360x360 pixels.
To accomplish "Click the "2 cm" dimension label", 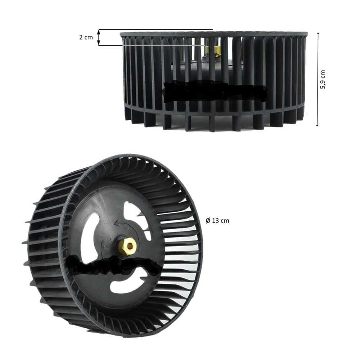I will [x=86, y=37].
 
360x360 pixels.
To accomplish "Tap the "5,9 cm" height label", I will [x=323, y=80].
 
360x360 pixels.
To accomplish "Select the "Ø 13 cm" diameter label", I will [x=217, y=221].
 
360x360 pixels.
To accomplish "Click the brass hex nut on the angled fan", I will [x=127, y=247].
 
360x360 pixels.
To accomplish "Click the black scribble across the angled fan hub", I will [x=113, y=265].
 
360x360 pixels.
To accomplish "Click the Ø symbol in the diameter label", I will [x=208, y=221].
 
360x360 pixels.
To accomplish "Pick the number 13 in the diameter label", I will [x=215, y=221].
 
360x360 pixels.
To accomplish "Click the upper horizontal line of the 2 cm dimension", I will [x=155, y=30].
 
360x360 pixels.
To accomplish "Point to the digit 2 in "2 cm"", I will [x=81, y=37].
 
